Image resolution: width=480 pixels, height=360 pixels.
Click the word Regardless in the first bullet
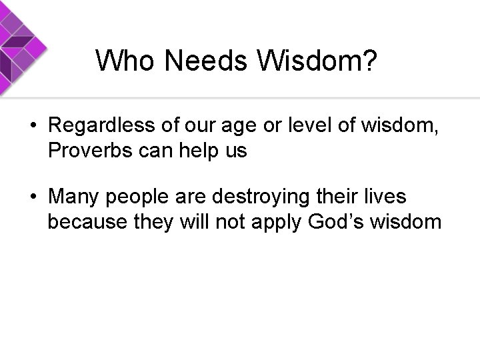101,126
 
